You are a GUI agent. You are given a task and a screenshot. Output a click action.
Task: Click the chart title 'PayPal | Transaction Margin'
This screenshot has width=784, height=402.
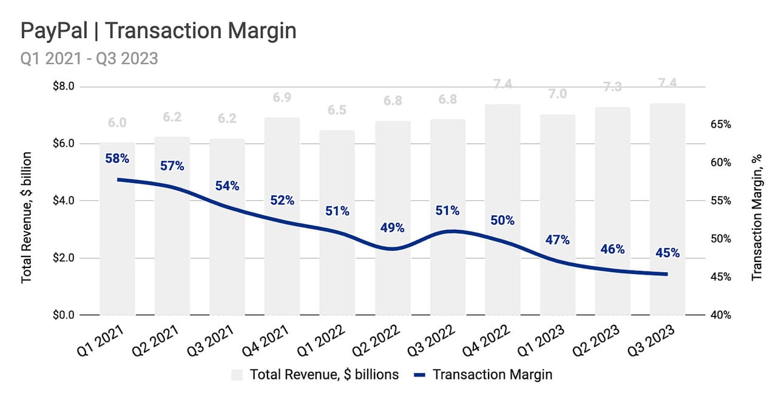coord(158,30)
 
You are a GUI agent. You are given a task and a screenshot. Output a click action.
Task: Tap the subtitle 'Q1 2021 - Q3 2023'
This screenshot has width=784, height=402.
coord(89,58)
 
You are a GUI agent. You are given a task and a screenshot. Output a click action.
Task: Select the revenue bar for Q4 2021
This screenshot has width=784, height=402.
coord(282,218)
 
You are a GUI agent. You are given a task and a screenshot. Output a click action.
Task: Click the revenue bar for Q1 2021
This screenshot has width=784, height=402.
coord(117,230)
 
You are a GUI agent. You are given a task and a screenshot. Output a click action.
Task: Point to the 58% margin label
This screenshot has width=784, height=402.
coord(117,159)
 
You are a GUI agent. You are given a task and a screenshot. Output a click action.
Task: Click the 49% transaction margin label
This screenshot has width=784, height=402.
coord(392,228)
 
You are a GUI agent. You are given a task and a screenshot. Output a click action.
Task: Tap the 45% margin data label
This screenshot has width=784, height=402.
coord(667,253)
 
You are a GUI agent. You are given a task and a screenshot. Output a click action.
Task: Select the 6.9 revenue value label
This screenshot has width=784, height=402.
coord(282,97)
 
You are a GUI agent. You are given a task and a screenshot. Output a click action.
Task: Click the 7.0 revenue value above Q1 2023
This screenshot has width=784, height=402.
coord(557,93)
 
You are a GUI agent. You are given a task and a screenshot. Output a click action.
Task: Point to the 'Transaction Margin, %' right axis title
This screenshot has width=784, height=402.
coord(756,216)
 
